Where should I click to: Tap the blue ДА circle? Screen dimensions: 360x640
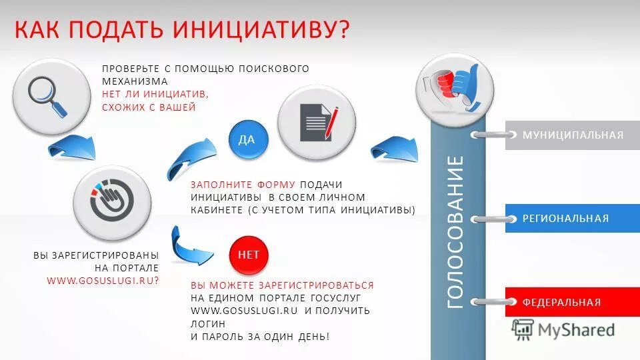(x=247, y=139)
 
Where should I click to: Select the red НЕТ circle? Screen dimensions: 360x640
(x=249, y=254)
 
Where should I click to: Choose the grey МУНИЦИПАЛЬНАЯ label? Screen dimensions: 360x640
(x=573, y=135)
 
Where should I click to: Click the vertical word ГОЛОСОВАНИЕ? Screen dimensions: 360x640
(x=456, y=231)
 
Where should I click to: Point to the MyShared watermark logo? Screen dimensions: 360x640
(x=563, y=329)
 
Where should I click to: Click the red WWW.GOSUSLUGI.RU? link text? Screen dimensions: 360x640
(x=103, y=281)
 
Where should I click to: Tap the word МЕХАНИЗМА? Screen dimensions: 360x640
(x=131, y=81)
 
